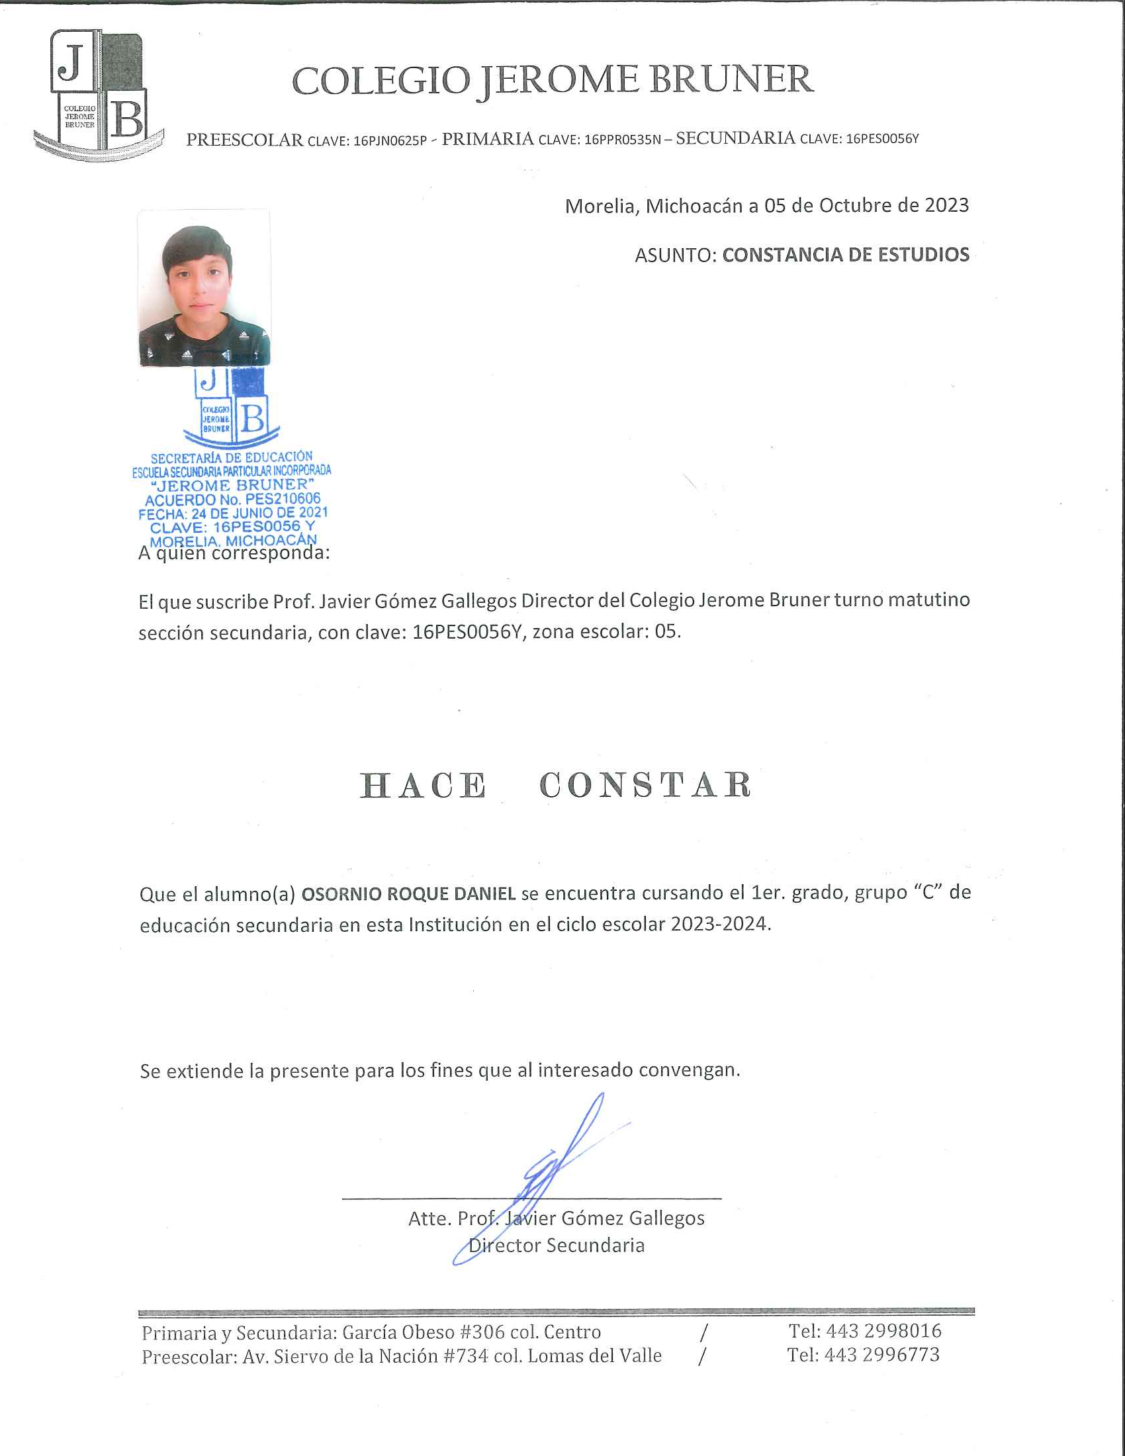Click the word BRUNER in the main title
click(x=731, y=80)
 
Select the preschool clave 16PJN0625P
click(x=390, y=141)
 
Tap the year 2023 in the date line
click(x=946, y=205)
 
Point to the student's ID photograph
click(x=204, y=289)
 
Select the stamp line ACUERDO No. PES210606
click(x=232, y=499)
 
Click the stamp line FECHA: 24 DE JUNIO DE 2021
click(x=232, y=514)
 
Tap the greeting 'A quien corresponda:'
click(x=234, y=553)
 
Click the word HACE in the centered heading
click(x=424, y=786)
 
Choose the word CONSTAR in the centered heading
click(x=645, y=786)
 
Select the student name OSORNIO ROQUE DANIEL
click(x=408, y=894)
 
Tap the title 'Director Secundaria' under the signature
click(x=557, y=1246)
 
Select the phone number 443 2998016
click(x=883, y=1332)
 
